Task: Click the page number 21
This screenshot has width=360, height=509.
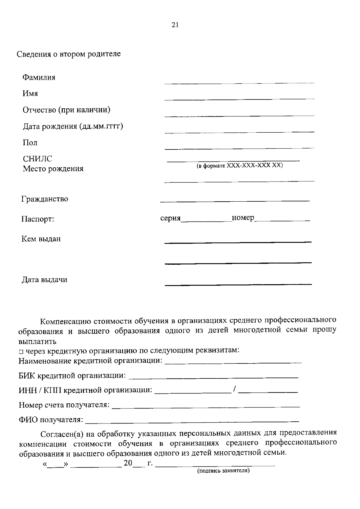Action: click(175, 25)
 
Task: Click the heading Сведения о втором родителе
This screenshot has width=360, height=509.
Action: click(69, 54)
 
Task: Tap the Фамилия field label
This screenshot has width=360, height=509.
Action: click(39, 77)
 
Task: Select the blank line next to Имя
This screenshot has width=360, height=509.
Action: click(239, 98)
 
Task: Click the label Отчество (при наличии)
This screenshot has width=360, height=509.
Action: click(67, 110)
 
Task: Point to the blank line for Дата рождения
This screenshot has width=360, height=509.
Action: click(239, 131)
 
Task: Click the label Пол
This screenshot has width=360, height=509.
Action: click(30, 143)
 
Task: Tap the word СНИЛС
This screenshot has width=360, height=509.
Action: click(37, 159)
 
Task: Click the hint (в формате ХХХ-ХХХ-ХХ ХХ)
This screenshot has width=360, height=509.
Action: click(240, 166)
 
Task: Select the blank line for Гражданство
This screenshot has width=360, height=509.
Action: click(235, 200)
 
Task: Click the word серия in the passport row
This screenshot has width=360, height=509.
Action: click(170, 218)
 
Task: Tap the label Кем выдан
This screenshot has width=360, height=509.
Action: click(41, 239)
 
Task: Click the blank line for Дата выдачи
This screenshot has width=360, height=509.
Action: click(238, 284)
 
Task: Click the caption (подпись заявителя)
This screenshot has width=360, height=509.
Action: click(223, 471)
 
